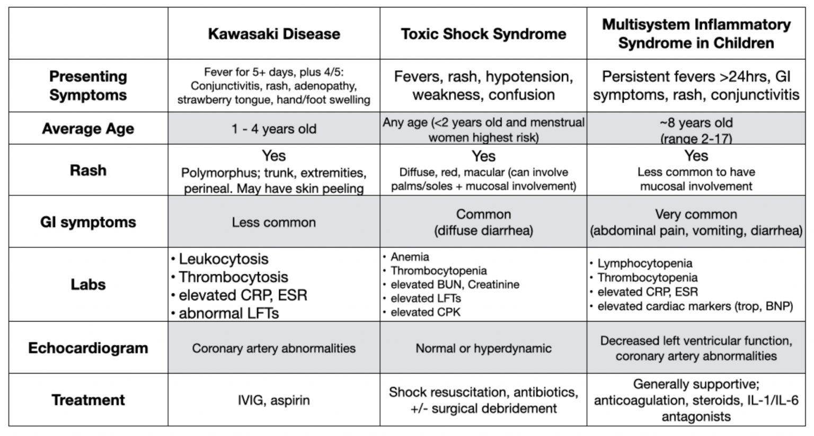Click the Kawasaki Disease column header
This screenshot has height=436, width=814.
click(x=273, y=34)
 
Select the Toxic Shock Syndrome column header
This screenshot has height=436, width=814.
click(x=483, y=34)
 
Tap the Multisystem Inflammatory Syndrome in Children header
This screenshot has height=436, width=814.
click(x=696, y=33)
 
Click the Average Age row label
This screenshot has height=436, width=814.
click(x=88, y=129)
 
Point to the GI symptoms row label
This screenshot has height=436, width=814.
click(x=88, y=222)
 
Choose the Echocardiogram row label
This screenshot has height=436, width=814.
click(x=88, y=348)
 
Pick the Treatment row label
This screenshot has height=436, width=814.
click(x=88, y=400)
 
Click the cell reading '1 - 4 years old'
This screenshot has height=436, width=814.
click(x=273, y=129)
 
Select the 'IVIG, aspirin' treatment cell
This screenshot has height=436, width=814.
click(x=273, y=400)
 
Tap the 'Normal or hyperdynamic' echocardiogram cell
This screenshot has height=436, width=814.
click(x=483, y=348)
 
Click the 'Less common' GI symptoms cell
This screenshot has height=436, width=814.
click(x=273, y=222)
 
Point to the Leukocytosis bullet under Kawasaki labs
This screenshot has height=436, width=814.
click(x=223, y=259)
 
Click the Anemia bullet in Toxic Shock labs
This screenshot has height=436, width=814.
click(x=410, y=257)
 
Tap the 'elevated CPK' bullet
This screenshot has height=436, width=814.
click(x=426, y=312)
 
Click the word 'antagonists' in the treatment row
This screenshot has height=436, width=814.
click(x=696, y=417)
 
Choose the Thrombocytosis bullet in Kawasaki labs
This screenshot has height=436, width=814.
click(x=233, y=277)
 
